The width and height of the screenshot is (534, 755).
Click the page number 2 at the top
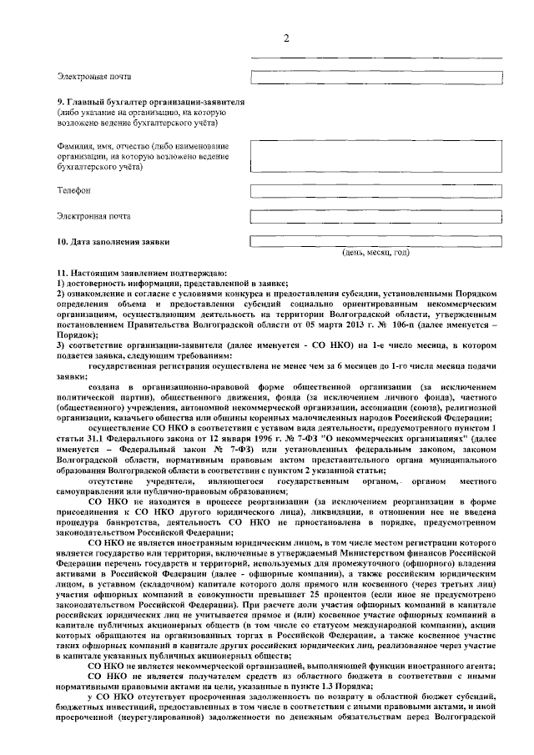coord(285,39)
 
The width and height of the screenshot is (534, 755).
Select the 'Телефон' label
coord(73,190)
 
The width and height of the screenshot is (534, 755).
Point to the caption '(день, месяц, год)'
coord(376,252)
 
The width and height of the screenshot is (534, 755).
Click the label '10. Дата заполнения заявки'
coord(113,242)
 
